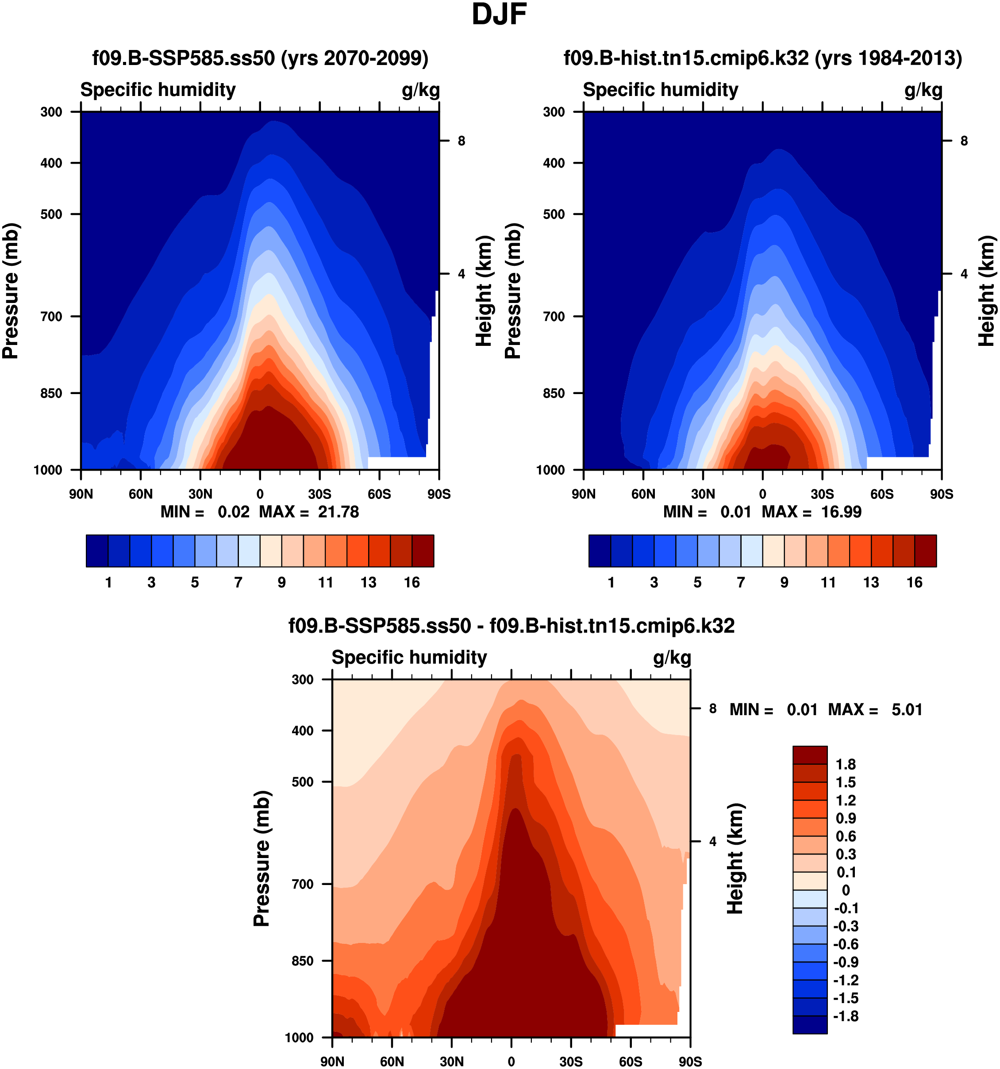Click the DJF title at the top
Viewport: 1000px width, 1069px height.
499,15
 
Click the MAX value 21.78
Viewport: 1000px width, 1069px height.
338,512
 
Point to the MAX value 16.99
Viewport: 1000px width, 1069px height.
841,512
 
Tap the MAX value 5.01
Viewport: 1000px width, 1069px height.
907,710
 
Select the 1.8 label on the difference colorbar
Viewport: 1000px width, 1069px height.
846,765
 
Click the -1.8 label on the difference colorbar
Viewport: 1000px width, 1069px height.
846,1016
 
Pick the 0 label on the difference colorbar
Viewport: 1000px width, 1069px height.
846,890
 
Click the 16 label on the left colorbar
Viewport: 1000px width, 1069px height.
412,582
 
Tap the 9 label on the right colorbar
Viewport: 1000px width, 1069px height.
785,582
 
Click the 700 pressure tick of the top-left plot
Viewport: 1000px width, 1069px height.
52,317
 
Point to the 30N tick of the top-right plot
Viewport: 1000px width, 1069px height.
703,494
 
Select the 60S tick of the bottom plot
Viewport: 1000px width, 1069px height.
631,1061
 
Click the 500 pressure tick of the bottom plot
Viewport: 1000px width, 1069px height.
303,782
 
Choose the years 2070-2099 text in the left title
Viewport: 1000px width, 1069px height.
354,58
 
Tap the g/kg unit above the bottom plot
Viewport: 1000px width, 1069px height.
672,658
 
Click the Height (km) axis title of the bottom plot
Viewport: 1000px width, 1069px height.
735,858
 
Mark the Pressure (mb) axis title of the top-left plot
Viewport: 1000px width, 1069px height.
11,291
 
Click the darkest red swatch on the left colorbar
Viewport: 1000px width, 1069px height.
423,551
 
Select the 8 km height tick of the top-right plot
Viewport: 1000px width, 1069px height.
964,141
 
